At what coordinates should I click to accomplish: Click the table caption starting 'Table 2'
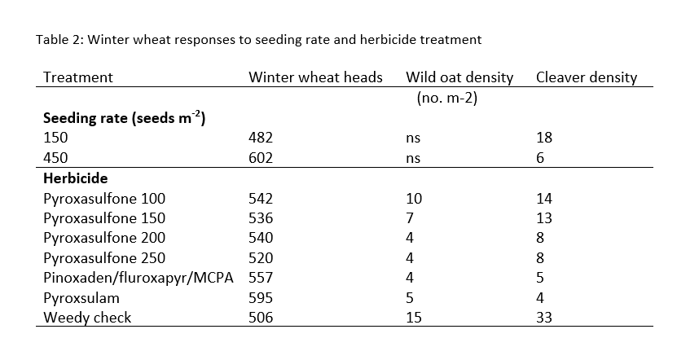pos(259,39)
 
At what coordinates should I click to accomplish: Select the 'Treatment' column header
pos(77,78)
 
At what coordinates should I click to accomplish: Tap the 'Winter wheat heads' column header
pos(315,78)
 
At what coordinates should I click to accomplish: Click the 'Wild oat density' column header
pos(459,78)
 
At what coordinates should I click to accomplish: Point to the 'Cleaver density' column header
pos(587,78)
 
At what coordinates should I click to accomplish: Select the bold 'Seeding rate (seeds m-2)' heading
pos(123,119)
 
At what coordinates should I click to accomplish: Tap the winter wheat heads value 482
pos(260,138)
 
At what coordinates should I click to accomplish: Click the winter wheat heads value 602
pos(260,158)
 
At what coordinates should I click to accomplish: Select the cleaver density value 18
pos(544,138)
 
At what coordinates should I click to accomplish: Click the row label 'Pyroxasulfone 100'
pos(103,198)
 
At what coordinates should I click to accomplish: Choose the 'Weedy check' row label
pos(86,318)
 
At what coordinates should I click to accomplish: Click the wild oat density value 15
pos(413,318)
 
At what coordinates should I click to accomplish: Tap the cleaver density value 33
pos(544,318)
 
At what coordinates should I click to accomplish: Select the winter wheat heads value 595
pos(260,298)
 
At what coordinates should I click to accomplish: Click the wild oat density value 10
pos(413,198)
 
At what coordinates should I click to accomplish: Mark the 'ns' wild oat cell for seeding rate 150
pos(413,138)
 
